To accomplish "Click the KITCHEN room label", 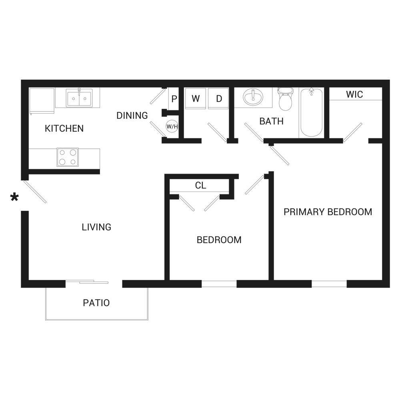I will click(64, 128).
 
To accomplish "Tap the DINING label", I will click(132, 116).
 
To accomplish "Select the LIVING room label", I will click(96, 227).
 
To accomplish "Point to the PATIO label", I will click(96, 303).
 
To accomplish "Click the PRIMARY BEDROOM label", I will click(328, 212).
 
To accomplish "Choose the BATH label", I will click(271, 121).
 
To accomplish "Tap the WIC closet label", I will click(354, 94).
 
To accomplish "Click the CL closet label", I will click(200, 186).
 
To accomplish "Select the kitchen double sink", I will click(79, 98).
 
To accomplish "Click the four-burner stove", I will click(68, 157).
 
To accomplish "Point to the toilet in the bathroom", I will click(286, 99).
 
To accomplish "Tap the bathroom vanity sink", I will click(253, 97).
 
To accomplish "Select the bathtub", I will click(311, 113).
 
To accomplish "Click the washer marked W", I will click(196, 98).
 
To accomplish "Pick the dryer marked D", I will click(219, 98).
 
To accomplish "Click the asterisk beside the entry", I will click(14, 197).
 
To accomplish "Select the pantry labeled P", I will click(174, 99).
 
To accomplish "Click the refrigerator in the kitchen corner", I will click(42, 101).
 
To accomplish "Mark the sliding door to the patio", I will click(94, 282).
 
